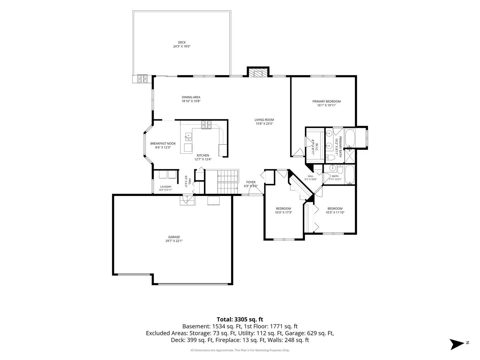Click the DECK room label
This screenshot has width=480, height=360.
pos(182,42)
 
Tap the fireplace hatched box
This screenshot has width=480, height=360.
pos(258,73)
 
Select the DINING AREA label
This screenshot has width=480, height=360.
pos(191,97)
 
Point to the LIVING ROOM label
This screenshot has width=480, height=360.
pos(264,120)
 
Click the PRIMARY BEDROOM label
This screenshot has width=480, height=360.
pos(326,101)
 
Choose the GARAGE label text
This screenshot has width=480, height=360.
pos(174,237)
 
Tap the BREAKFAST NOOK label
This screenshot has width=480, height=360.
pos(163,144)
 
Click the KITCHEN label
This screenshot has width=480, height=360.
pos(203,155)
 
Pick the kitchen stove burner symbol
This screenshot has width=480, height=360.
pos(206,125)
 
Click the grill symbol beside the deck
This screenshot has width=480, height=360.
pos(142,79)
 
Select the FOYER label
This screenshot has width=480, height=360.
pos(251,182)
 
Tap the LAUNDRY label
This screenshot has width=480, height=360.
pos(166,187)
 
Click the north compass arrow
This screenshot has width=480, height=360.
pos(456,344)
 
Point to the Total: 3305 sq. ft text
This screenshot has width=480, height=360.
pos(240,319)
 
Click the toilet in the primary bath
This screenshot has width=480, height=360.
pos(330,157)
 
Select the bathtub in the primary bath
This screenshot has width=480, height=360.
pos(350,138)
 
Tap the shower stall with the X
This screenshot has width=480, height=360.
pos(350,156)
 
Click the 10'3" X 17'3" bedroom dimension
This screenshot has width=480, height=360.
pos(283,212)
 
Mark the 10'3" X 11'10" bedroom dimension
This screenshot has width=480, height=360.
pos(335,212)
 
